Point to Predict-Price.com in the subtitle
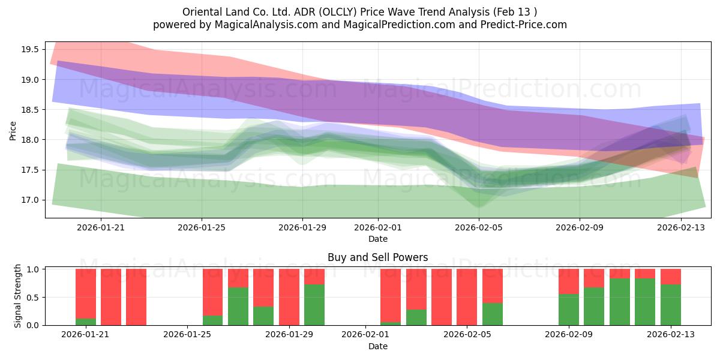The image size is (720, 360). click(x=524, y=25)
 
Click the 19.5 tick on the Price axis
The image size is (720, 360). click(x=30, y=49)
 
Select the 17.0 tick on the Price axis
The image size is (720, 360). click(x=30, y=200)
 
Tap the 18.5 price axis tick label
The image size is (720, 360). click(x=30, y=110)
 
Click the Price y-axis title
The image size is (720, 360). click(x=13, y=131)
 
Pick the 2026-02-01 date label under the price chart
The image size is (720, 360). click(x=378, y=227)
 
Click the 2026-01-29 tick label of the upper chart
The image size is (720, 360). click(x=302, y=227)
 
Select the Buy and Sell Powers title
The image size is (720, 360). click(x=377, y=257)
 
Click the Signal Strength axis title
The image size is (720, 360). click(x=17, y=296)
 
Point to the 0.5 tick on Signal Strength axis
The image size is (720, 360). click(x=33, y=298)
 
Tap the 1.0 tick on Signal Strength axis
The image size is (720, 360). click(x=33, y=269)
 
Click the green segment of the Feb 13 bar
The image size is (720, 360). click(x=671, y=305)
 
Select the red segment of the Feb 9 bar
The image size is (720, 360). click(x=569, y=281)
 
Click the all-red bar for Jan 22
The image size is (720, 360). click(x=111, y=297)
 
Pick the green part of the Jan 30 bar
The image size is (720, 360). click(x=314, y=305)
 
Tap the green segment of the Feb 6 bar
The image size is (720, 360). click(x=493, y=314)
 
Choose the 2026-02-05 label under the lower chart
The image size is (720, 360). click(x=467, y=334)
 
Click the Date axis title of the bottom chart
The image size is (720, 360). click(x=377, y=346)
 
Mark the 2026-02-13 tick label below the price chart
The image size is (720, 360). click(x=681, y=227)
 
